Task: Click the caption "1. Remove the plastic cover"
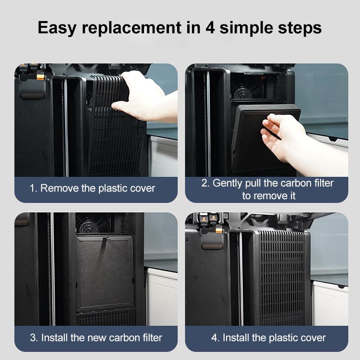tap(93, 188)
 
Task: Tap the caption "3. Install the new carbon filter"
tap(96, 337)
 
